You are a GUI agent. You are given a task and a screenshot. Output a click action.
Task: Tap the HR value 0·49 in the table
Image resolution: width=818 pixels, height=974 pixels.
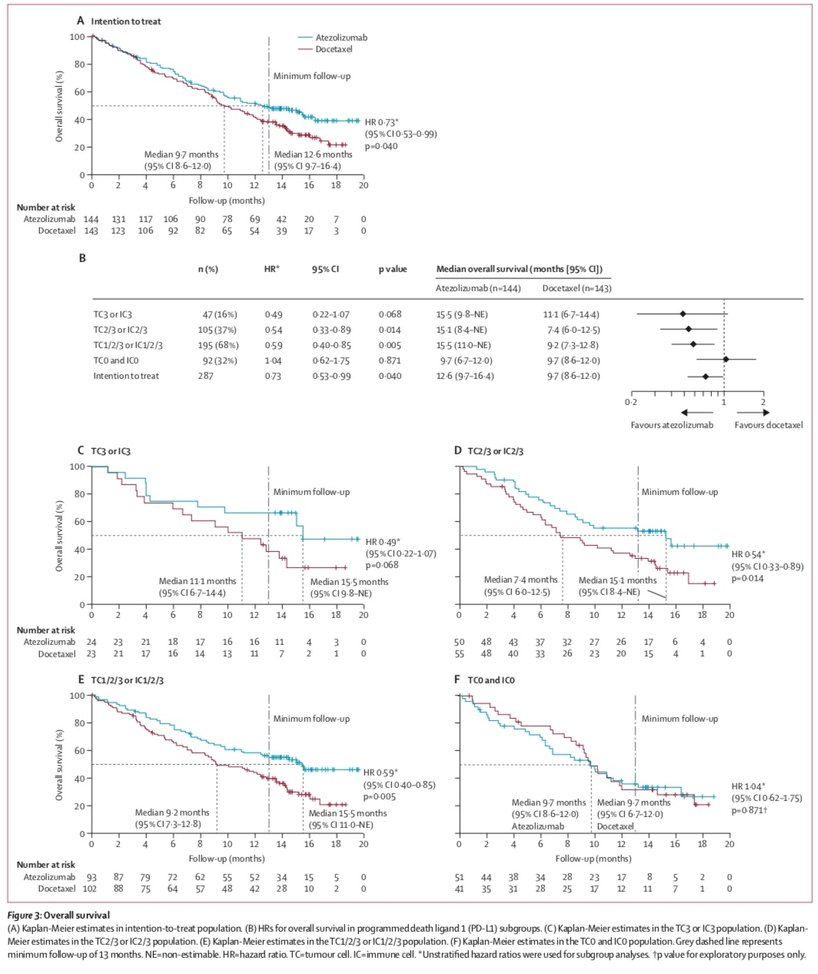coord(269,314)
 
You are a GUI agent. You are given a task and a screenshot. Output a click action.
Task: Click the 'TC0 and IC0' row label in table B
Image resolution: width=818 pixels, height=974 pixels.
coord(115,361)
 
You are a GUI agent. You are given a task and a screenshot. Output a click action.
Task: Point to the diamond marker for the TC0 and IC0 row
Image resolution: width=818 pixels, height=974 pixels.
coord(726,359)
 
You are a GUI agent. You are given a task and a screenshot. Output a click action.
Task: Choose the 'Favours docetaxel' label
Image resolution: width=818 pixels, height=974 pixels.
coord(768,425)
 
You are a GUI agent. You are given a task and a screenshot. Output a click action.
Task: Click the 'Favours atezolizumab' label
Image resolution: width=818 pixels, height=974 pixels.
coord(671,425)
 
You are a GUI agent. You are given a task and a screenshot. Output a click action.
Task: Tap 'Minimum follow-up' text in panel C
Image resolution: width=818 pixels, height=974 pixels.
coord(311,492)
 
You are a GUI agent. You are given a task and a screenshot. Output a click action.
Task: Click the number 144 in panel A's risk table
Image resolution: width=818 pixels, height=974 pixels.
coord(92,219)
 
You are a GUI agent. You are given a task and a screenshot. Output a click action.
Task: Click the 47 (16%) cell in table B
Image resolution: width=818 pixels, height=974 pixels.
coord(220,314)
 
